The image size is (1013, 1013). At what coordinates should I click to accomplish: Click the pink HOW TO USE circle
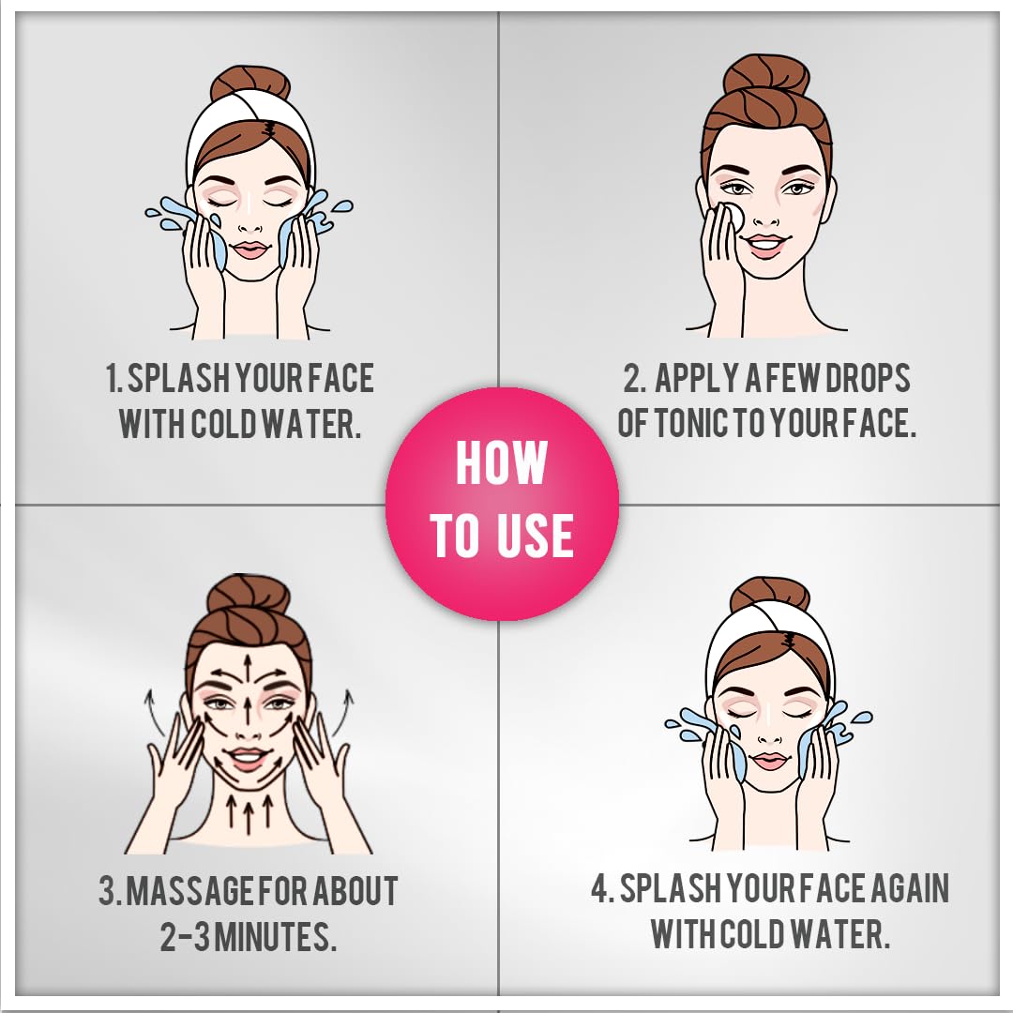click(502, 504)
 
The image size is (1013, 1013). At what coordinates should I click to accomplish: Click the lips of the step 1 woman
click(249, 249)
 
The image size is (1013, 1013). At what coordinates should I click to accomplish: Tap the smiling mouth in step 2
click(766, 245)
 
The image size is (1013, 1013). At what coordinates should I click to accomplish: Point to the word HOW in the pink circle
click(501, 462)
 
